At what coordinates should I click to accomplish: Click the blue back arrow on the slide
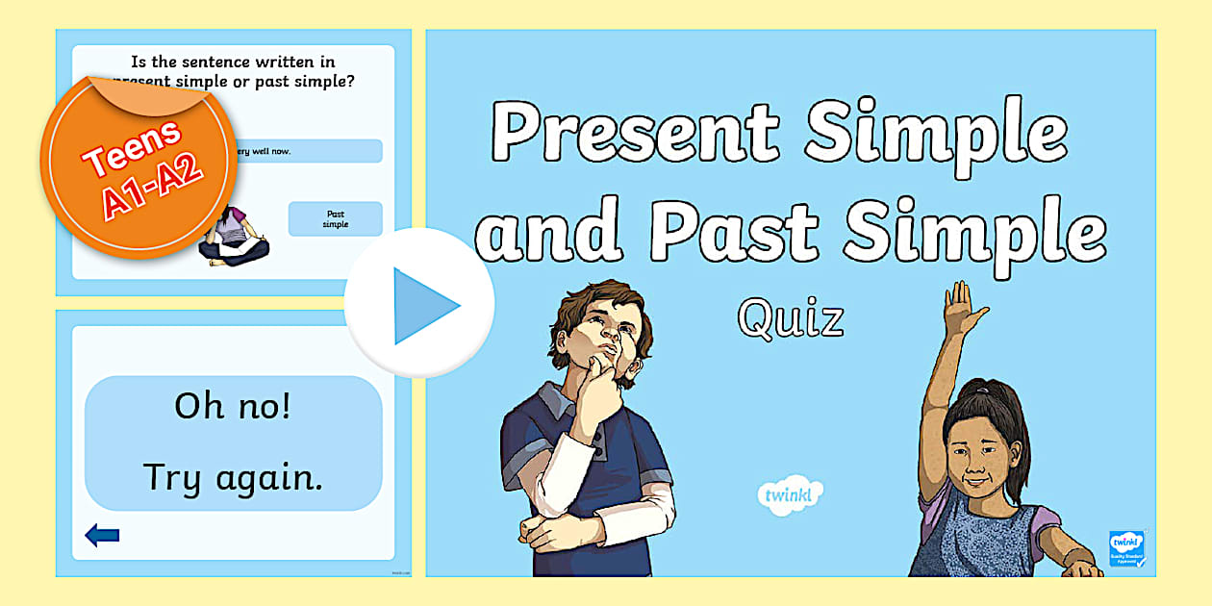pyautogui.click(x=102, y=536)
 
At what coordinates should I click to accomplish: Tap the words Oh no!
pyautogui.click(x=232, y=407)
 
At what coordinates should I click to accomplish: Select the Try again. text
pyautogui.click(x=232, y=475)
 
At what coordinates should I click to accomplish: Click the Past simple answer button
pyautogui.click(x=336, y=219)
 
